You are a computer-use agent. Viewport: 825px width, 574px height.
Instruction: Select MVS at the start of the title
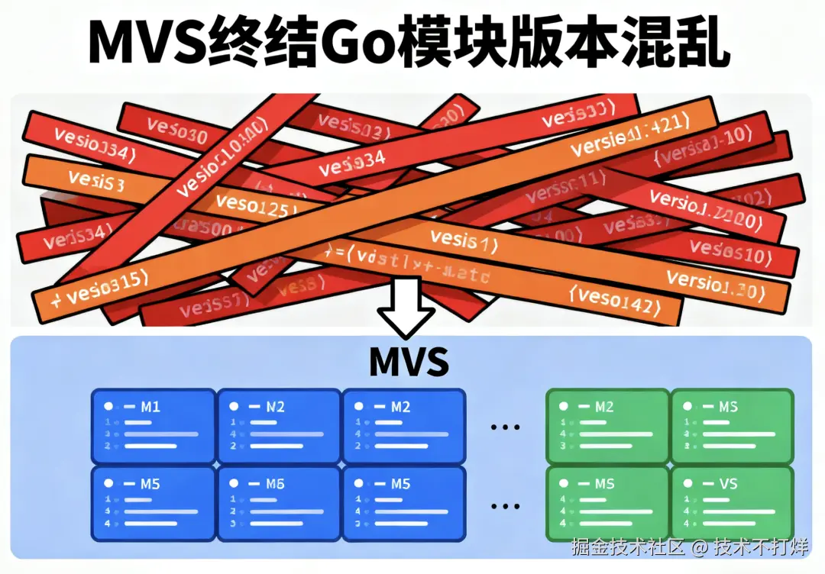coord(145,44)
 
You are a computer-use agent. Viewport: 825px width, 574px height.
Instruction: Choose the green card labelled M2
coord(607,426)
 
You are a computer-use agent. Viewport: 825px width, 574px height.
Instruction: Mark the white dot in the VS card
coord(689,484)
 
